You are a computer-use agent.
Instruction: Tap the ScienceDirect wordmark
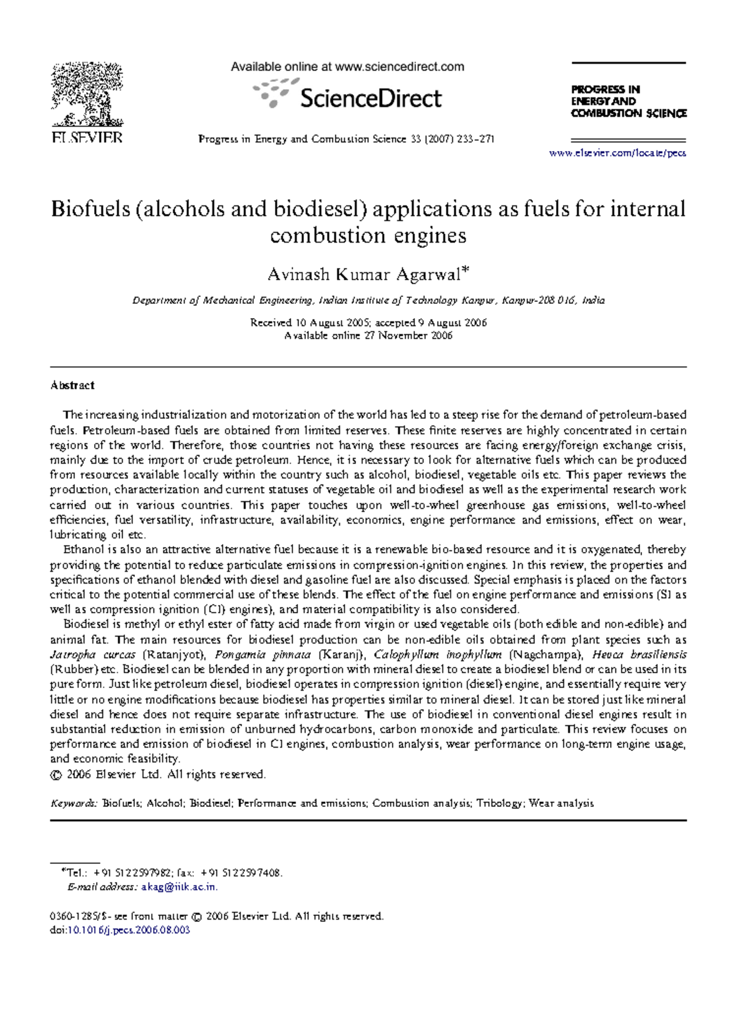pos(370,98)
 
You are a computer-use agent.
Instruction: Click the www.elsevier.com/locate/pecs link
pos(617,153)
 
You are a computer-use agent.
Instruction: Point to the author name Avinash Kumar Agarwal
pos(365,274)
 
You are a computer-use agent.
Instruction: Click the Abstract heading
pos(72,385)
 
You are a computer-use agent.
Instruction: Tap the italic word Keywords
pos(73,803)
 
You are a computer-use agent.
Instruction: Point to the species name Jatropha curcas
pos(92,655)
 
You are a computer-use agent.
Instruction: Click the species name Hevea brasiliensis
pos(639,655)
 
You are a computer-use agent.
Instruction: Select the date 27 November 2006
pos(407,335)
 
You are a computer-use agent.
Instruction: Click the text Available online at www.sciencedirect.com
pos(347,67)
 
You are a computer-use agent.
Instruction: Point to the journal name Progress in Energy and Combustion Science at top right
pos(628,101)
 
